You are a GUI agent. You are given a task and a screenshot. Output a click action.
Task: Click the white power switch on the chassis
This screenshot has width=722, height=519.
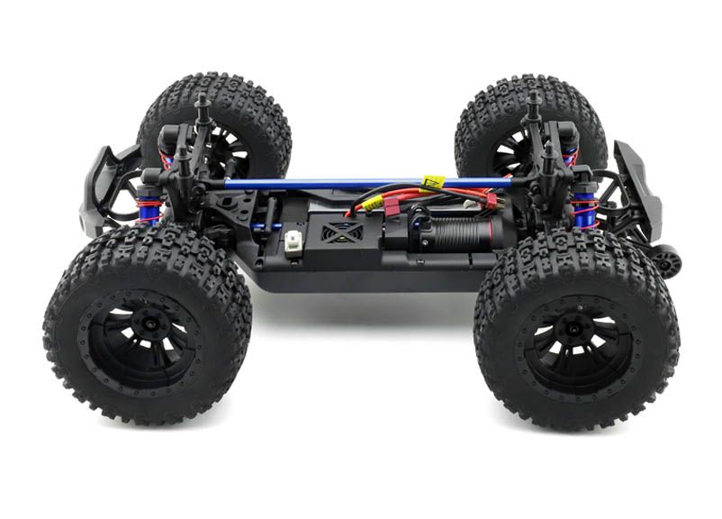[293, 241]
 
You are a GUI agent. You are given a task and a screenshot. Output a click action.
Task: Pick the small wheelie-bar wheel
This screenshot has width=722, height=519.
[667, 261]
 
